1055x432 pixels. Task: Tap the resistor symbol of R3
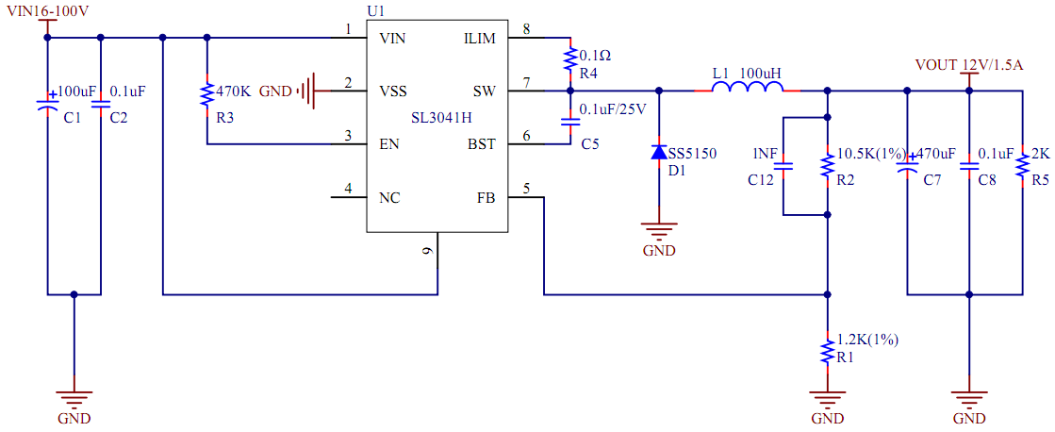206,94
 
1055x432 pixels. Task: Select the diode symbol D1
659,152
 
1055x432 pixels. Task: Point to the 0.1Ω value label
595,55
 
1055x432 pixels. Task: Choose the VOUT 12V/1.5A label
969,65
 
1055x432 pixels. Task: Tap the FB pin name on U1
486,198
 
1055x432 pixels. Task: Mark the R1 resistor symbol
827,349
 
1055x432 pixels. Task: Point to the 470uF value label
934,154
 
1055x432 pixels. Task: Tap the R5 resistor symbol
1021,167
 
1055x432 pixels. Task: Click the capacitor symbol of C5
570,122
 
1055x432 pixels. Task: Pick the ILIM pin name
479,39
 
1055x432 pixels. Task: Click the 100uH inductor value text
760,73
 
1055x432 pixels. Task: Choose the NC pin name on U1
388,198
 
